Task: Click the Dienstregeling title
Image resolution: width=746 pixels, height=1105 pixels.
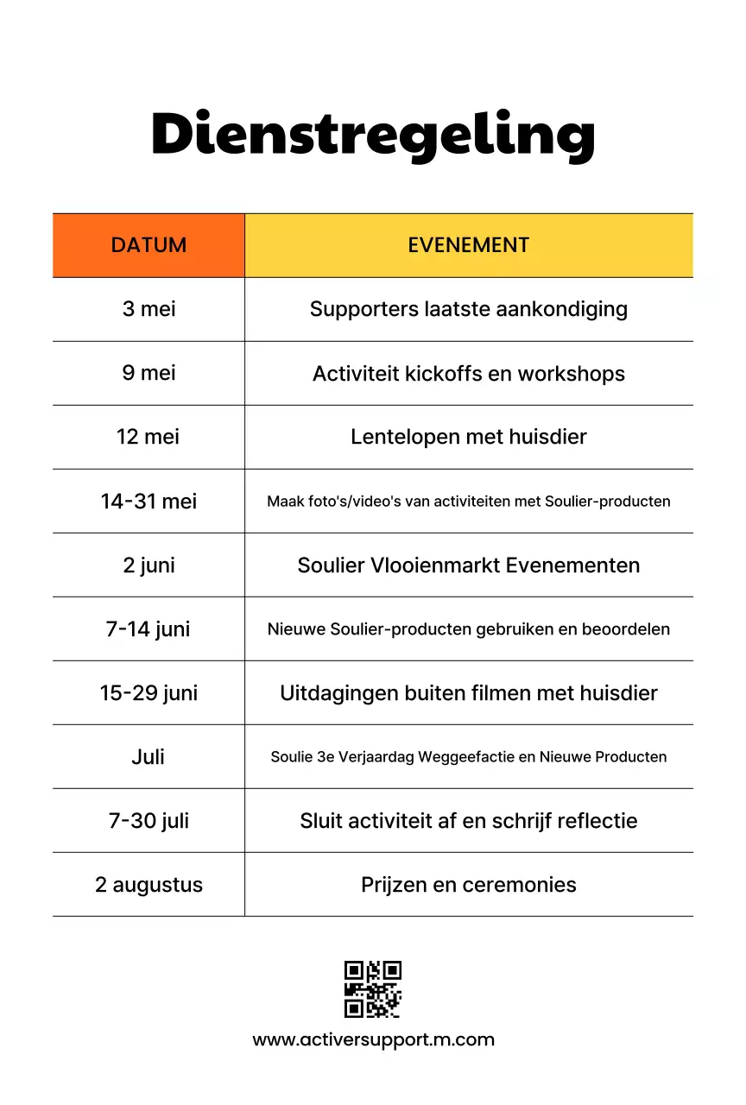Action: [373, 134]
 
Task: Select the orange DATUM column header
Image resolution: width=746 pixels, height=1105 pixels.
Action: [149, 245]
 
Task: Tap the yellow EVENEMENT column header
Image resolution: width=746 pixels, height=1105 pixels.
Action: [468, 245]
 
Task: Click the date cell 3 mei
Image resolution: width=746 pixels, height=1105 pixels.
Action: [149, 309]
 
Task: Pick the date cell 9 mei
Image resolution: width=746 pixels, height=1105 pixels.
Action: [149, 373]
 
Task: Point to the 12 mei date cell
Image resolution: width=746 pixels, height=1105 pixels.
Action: [149, 437]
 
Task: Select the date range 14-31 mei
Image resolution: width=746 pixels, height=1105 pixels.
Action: [149, 501]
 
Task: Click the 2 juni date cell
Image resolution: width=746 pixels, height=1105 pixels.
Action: [149, 565]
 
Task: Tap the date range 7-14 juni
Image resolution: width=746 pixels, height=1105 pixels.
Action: [149, 628]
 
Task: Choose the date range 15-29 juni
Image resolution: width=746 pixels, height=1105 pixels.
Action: [149, 692]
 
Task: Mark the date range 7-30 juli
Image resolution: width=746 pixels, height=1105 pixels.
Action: [149, 820]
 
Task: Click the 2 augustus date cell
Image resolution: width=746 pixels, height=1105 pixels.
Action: [149, 884]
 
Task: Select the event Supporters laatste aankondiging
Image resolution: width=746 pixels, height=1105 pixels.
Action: [468, 309]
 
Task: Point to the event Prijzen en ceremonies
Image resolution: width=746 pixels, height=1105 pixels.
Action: [468, 884]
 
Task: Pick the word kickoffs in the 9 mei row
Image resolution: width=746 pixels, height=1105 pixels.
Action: [440, 374]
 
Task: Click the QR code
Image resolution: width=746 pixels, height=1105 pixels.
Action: [373, 989]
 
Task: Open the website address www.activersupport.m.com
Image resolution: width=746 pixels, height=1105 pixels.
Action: [373, 1039]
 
